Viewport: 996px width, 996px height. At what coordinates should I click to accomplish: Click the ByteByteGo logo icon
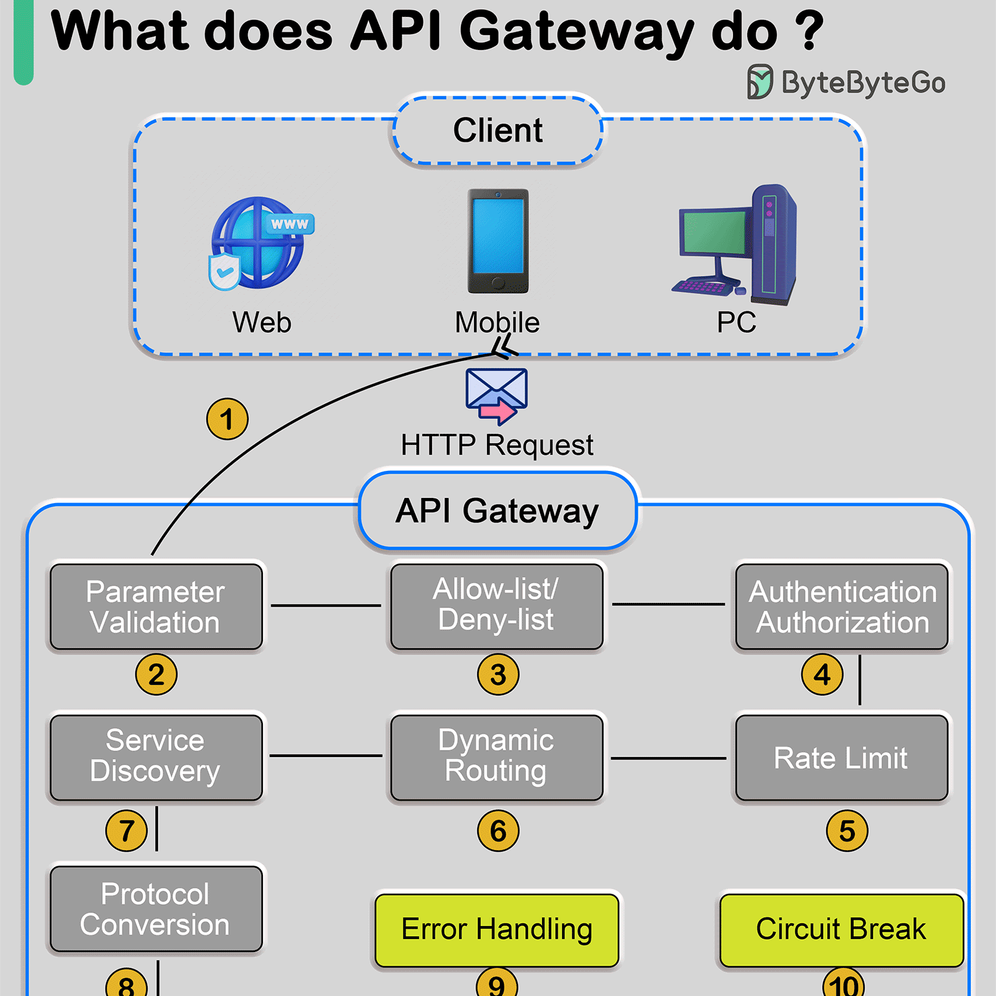pyautogui.click(x=760, y=82)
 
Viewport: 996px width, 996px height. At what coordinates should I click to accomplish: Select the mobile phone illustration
pyautogui.click(x=498, y=241)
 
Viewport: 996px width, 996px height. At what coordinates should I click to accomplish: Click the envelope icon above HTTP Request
pyautogui.click(x=497, y=395)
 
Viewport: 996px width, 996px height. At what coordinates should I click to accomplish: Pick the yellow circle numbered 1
pyautogui.click(x=227, y=419)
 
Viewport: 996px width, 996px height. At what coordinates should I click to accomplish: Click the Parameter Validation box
pyautogui.click(x=156, y=607)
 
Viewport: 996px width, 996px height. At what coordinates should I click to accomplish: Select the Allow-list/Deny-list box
pyautogui.click(x=497, y=606)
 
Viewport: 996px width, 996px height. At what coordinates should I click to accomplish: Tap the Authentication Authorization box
pyautogui.click(x=842, y=607)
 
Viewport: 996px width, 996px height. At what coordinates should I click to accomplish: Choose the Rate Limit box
pyautogui.click(x=841, y=758)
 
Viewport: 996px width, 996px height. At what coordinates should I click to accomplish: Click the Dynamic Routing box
pyautogui.click(x=497, y=757)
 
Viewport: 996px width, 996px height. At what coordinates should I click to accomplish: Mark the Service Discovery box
pyautogui.click(x=156, y=757)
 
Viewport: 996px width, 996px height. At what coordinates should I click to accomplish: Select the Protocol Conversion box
pyautogui.click(x=156, y=909)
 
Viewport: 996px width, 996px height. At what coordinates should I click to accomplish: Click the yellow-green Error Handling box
pyautogui.click(x=497, y=930)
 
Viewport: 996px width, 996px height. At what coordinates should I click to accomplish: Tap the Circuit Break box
pyautogui.click(x=841, y=930)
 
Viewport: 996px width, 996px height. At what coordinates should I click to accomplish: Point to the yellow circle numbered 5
pyautogui.click(x=847, y=831)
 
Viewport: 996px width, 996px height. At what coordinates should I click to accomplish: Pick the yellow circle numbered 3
pyautogui.click(x=498, y=675)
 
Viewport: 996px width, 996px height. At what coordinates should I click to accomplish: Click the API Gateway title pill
pyautogui.click(x=497, y=510)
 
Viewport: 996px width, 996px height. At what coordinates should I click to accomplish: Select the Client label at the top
pyautogui.click(x=497, y=130)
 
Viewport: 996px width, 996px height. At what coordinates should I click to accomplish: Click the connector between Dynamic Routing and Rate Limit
pyautogui.click(x=668, y=758)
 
